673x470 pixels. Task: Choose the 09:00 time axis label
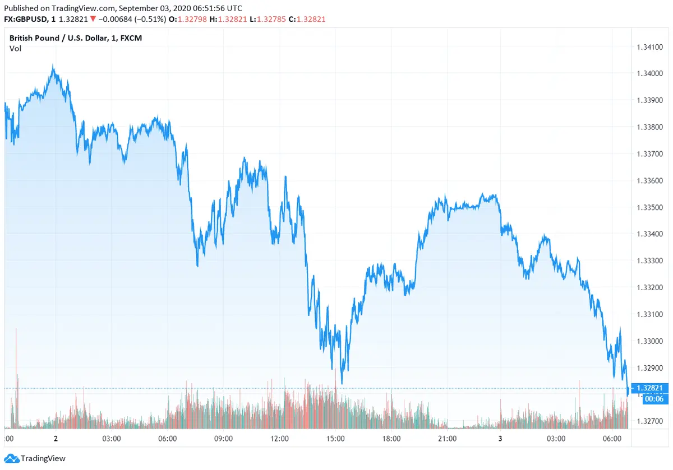(x=223, y=439)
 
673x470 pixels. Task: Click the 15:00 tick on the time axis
(x=335, y=439)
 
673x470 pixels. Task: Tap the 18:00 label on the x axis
(x=391, y=439)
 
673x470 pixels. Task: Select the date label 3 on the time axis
(x=500, y=439)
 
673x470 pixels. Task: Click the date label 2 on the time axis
(x=56, y=439)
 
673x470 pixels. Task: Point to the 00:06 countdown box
(x=649, y=398)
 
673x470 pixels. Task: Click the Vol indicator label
(x=15, y=49)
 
